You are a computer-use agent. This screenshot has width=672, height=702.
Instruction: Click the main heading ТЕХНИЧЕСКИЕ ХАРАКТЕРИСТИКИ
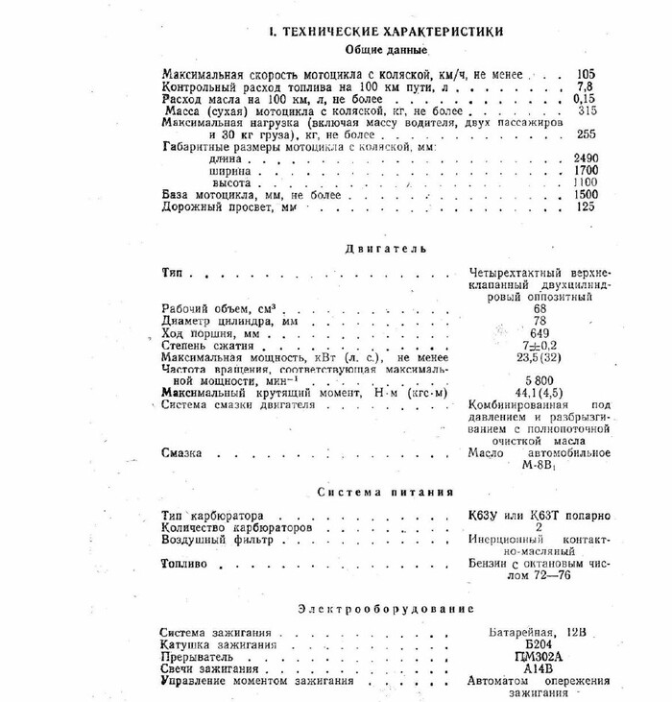click(387, 31)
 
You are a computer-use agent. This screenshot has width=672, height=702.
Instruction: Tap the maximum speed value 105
click(586, 73)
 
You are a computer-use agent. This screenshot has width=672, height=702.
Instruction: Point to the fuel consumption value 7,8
click(586, 85)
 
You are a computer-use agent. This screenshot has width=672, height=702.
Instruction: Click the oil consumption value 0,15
click(585, 98)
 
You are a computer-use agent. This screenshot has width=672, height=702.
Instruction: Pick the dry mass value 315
click(587, 110)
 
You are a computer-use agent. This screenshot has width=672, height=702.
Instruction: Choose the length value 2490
click(585, 157)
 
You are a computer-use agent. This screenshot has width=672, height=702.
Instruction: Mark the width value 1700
click(585, 170)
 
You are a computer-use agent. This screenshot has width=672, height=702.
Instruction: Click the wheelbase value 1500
click(585, 194)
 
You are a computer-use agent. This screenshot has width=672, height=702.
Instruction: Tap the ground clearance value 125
click(586, 206)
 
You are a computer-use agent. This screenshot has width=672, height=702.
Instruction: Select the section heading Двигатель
click(386, 250)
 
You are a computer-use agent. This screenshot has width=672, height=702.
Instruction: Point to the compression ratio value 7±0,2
click(539, 345)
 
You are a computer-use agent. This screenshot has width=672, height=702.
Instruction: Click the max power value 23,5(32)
click(539, 357)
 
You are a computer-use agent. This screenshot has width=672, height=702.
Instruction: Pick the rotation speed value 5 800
click(538, 380)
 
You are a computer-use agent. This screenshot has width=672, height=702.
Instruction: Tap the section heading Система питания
click(385, 493)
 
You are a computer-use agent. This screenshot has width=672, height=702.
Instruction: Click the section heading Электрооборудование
click(386, 609)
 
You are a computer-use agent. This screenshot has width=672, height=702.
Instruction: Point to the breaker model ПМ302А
click(538, 657)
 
